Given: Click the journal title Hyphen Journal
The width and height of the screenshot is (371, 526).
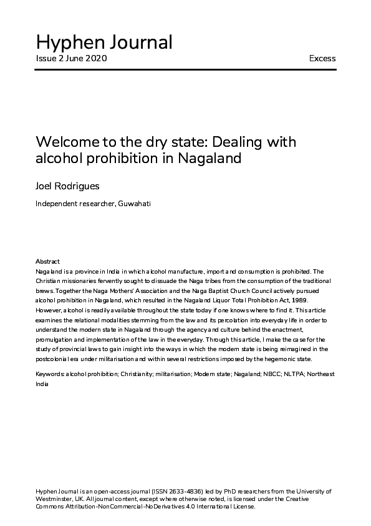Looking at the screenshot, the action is click(104, 42).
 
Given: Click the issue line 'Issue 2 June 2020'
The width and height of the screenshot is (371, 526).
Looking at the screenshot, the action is click(71, 59).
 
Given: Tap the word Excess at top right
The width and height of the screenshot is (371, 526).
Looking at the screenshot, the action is click(322, 59).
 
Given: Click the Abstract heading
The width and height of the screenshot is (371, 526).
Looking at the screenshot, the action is click(47, 261).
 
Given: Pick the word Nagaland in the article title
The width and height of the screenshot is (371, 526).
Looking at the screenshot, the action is click(210, 159).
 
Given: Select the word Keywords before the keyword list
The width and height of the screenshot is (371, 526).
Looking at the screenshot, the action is click(50, 374).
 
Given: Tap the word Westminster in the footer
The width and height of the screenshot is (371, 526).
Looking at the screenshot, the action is click(53, 499).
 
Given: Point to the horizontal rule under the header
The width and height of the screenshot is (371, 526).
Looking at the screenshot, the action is click(185, 69).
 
